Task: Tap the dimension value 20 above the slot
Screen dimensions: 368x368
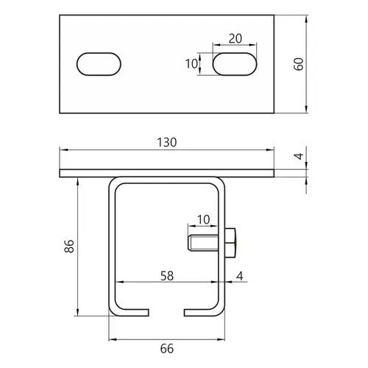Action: [235, 38]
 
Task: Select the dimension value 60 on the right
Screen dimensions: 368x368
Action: [299, 64]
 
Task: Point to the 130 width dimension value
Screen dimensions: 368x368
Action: [166, 142]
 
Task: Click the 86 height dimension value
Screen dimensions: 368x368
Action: [69, 246]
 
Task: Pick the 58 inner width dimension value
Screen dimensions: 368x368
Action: [167, 276]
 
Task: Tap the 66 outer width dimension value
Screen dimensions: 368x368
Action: [167, 349]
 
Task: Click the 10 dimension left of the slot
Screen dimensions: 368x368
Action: [191, 64]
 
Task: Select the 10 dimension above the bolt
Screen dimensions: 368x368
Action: [203, 219]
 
